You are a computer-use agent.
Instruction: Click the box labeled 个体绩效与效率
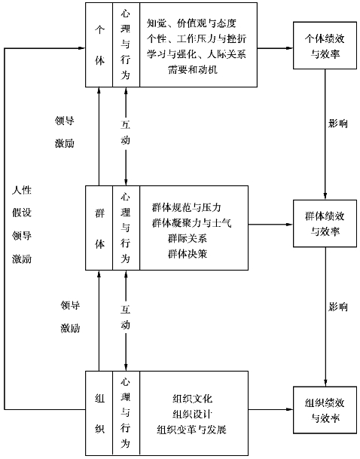(325, 45)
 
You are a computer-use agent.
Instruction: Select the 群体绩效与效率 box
(325, 224)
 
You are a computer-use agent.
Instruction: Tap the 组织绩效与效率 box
(325, 410)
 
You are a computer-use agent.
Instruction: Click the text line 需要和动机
(193, 69)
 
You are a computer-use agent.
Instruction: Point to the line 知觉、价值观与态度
(191, 23)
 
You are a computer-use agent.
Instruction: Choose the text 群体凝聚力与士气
(192, 223)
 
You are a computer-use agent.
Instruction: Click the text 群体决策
(188, 253)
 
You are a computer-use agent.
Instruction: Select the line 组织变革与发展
(191, 430)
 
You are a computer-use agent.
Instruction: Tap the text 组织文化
(192, 399)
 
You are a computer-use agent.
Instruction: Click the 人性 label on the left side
(22, 190)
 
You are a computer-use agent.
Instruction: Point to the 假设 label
(22, 213)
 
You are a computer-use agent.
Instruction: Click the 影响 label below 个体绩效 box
(338, 124)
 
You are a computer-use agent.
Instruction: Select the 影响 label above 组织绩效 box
(338, 307)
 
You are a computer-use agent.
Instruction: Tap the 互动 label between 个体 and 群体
(126, 133)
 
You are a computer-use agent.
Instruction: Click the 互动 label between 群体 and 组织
(126, 317)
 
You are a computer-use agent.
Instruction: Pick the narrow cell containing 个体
(99, 45)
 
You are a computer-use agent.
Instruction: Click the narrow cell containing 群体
(99, 228)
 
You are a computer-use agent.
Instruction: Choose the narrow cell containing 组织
(99, 413)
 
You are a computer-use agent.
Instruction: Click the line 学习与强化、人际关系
(197, 54)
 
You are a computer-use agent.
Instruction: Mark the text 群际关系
(188, 238)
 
